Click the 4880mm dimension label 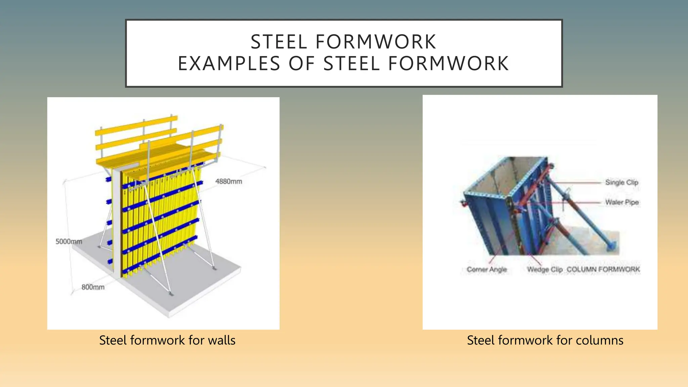(228, 181)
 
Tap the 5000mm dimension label (69, 241)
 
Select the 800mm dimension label (93, 287)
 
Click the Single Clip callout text (621, 182)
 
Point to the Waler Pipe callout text (622, 202)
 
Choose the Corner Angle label (486, 269)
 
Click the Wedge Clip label (545, 269)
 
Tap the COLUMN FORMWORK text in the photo (603, 269)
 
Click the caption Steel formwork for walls (167, 340)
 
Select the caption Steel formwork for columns (545, 340)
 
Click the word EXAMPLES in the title (229, 63)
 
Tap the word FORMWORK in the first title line (376, 42)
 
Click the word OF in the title (302, 63)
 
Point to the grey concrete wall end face (117, 222)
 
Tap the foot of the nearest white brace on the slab (171, 294)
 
